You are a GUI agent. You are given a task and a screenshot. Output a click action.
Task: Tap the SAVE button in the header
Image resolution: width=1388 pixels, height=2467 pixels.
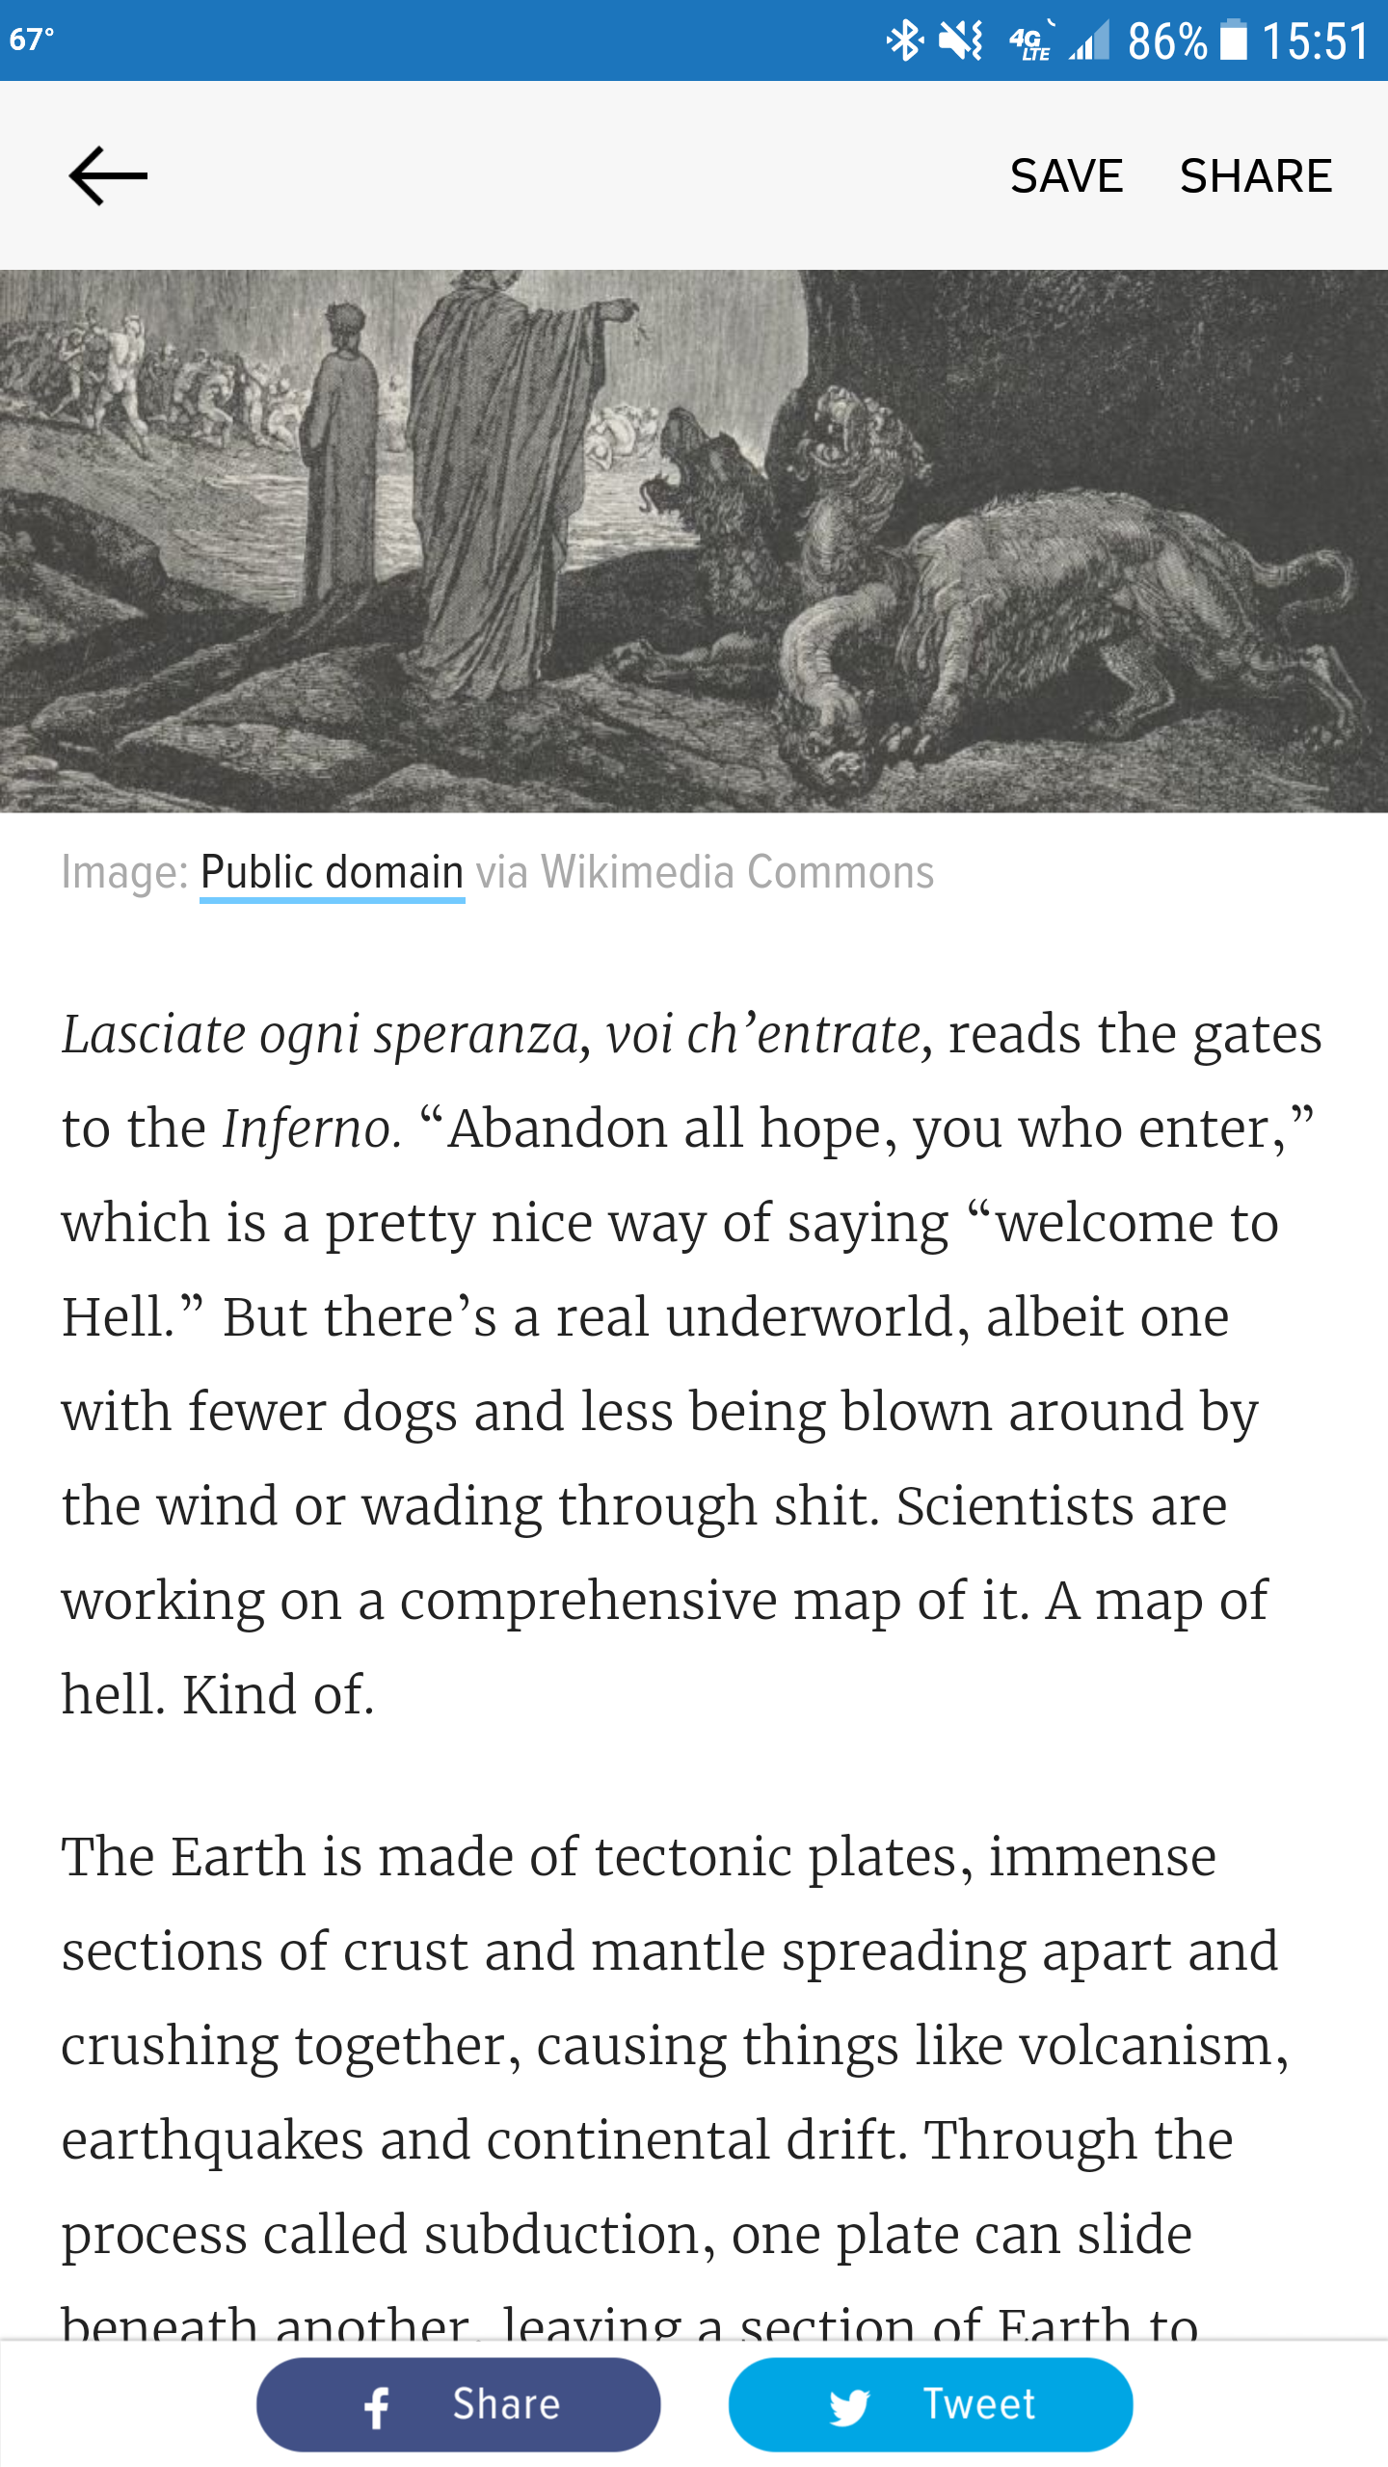tap(1066, 176)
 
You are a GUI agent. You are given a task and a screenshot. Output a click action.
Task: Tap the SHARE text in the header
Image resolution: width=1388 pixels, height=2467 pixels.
tap(1256, 176)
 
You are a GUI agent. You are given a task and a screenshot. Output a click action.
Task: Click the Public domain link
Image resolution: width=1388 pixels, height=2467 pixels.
tap(332, 872)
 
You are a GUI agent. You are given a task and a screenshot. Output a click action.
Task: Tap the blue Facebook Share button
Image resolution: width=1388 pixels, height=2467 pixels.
tap(458, 2404)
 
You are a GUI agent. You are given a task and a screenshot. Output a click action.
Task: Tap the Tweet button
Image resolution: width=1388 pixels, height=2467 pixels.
tap(930, 2404)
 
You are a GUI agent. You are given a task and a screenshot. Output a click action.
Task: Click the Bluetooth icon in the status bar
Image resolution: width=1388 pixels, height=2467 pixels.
tap(904, 40)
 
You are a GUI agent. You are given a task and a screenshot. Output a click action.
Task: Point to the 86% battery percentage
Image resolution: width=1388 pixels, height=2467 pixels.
tap(1166, 41)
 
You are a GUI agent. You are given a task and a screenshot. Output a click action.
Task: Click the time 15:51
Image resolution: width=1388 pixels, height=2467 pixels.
tap(1315, 41)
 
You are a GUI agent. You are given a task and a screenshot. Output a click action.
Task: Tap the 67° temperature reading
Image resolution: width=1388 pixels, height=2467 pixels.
tap(32, 40)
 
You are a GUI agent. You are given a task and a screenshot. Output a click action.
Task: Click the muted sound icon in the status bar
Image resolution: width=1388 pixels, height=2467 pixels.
tap(961, 40)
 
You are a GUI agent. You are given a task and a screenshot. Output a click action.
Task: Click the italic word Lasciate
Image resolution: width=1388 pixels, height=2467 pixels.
tap(154, 1035)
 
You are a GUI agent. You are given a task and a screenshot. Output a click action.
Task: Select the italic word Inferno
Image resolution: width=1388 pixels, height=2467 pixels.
tap(311, 1129)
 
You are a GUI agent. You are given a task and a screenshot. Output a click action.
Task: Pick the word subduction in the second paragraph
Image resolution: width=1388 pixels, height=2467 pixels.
tap(563, 2235)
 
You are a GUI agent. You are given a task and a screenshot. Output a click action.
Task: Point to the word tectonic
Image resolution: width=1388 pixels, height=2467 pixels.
tap(693, 1857)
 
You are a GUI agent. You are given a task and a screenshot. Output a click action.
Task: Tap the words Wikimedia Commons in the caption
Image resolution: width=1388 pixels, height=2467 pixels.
tap(737, 872)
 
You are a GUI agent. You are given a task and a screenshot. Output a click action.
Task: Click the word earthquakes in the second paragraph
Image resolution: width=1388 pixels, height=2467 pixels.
tap(213, 2140)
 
